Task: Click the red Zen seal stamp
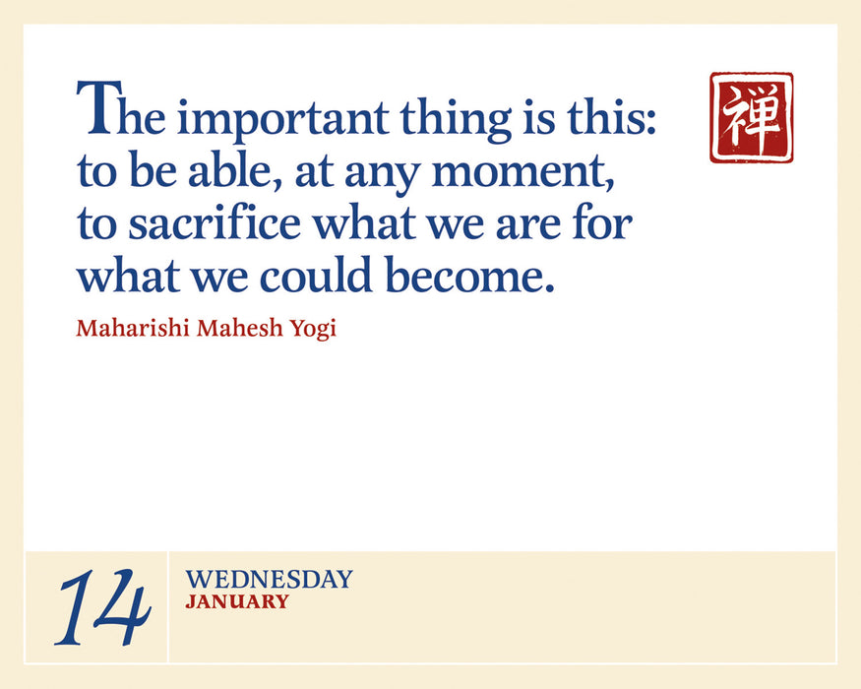click(x=751, y=117)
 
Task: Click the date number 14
click(x=102, y=609)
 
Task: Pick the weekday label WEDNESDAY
click(x=268, y=580)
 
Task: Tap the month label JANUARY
click(x=237, y=601)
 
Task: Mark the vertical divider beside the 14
click(x=168, y=606)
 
